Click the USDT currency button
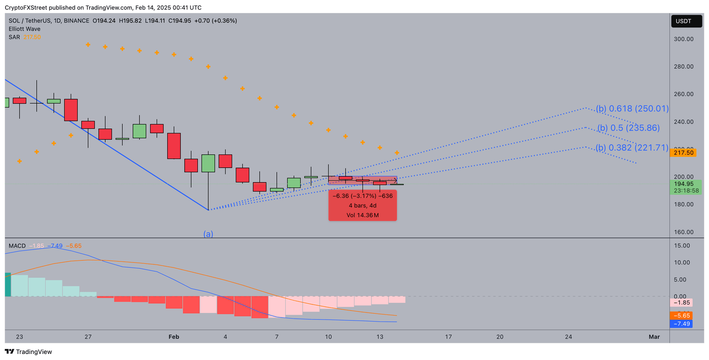tap(686, 21)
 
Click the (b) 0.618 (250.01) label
tap(632, 109)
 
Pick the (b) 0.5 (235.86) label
tap(628, 128)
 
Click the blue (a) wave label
tap(208, 234)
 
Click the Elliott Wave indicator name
tap(24, 29)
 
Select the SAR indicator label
tap(14, 37)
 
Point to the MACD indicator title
tap(17, 246)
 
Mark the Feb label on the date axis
tap(174, 337)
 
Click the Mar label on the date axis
tap(654, 337)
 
